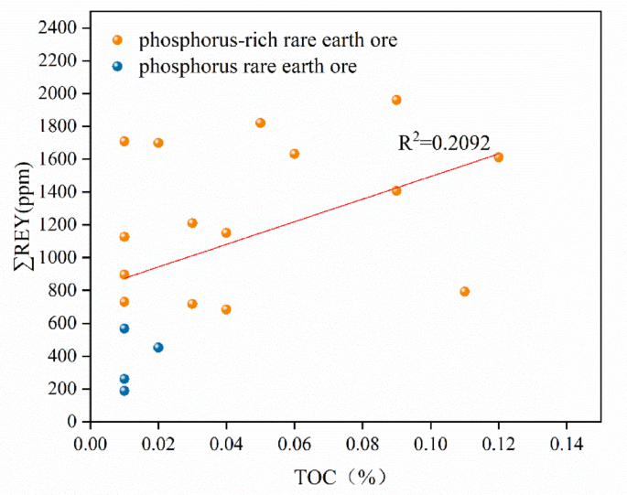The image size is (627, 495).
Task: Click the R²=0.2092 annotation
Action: pyautogui.click(x=444, y=143)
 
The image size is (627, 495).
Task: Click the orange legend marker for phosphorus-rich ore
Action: pyautogui.click(x=117, y=39)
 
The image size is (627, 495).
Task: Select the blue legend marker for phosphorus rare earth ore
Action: pyautogui.click(x=117, y=66)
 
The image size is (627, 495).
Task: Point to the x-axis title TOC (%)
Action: pyautogui.click(x=346, y=476)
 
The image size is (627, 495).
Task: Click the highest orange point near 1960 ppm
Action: pyautogui.click(x=396, y=100)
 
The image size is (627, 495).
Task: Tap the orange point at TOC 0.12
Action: pyautogui.click(x=499, y=157)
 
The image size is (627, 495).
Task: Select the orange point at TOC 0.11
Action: pyautogui.click(x=465, y=291)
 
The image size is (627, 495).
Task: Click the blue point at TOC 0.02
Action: pyautogui.click(x=158, y=347)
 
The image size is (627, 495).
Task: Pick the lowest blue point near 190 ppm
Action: pyautogui.click(x=124, y=391)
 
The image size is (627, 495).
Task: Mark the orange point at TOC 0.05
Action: pyautogui.click(x=260, y=123)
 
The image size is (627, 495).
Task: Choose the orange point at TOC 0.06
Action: pyautogui.click(x=295, y=154)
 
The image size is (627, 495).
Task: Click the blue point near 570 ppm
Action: pyautogui.click(x=124, y=328)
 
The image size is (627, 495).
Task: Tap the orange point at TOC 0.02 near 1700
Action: pyautogui.click(x=158, y=143)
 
